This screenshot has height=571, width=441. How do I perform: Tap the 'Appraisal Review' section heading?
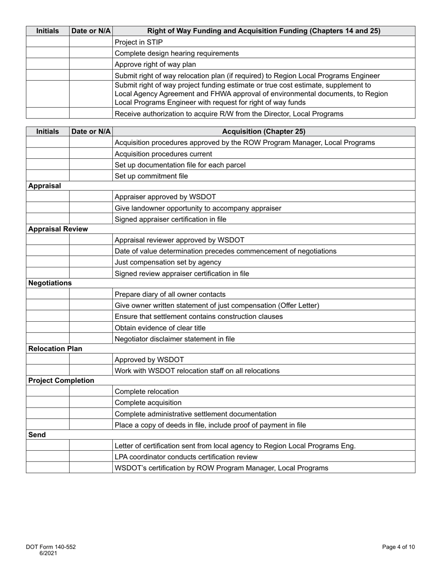pos(58,229)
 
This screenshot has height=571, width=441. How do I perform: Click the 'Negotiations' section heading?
pos(50,283)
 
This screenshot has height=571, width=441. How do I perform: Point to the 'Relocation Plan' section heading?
pos(55,349)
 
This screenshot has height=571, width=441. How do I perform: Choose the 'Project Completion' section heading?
pos(61,381)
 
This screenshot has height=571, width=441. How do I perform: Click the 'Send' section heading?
pos(37,435)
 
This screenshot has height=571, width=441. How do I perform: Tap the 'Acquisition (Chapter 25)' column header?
pos(264,131)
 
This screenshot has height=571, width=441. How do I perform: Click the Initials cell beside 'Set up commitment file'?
pos(47,176)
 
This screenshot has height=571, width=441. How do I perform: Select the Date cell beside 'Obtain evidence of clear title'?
pos(91,328)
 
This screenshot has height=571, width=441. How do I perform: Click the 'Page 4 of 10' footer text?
pos(398,547)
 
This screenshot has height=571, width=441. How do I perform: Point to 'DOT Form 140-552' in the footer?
pos(51,547)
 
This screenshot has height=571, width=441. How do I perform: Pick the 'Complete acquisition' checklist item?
pos(148,403)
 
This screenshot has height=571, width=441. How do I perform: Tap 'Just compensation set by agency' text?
pos(168,262)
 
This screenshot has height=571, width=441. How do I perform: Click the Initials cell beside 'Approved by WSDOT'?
pos(47,360)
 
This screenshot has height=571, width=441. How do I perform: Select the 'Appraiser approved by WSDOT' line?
pos(165,197)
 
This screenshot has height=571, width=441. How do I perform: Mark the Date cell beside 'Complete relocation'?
pos(91,392)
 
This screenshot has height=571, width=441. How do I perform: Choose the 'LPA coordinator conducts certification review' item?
pos(186,457)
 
